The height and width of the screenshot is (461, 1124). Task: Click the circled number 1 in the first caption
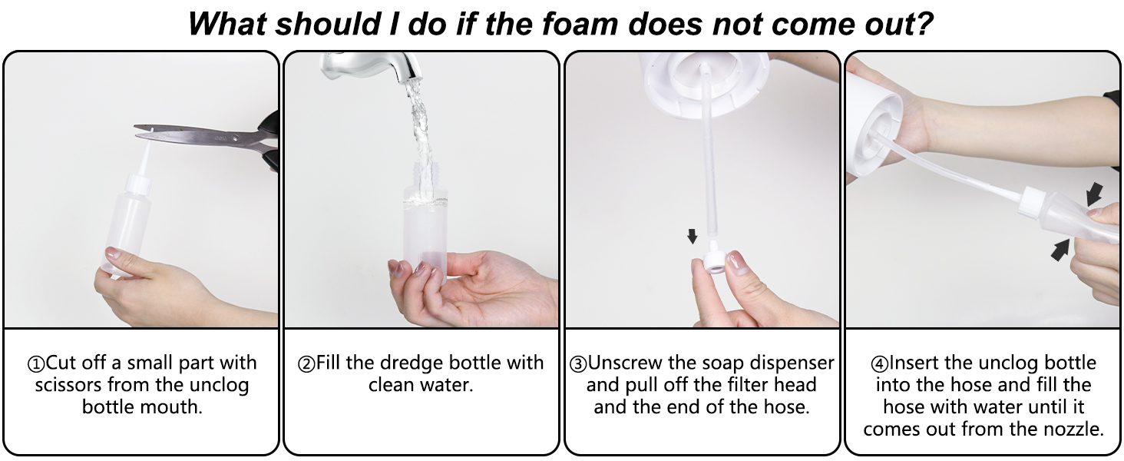[x=36, y=364]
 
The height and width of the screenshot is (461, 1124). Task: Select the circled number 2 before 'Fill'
[x=306, y=364]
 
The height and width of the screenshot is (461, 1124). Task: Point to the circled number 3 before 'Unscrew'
[x=578, y=364]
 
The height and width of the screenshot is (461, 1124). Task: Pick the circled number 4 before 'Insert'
[x=879, y=364]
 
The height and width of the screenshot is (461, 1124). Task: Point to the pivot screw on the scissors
[x=235, y=137]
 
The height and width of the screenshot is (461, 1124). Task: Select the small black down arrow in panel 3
[x=693, y=236]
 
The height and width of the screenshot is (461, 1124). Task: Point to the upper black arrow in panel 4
[x=1094, y=194]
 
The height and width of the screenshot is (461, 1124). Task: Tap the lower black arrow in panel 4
[x=1060, y=250]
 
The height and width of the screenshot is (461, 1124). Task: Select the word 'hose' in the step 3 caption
[x=783, y=406]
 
